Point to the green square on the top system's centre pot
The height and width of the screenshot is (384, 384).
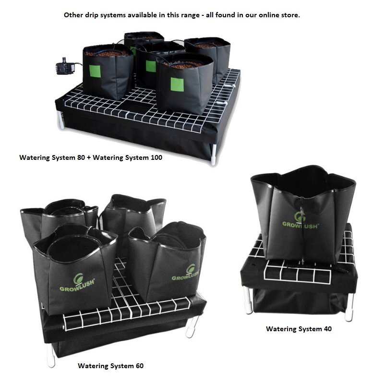151,66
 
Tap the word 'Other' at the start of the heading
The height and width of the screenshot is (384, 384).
73,15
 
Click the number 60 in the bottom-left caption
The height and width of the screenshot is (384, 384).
139,366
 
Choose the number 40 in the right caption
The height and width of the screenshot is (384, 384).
327,329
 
